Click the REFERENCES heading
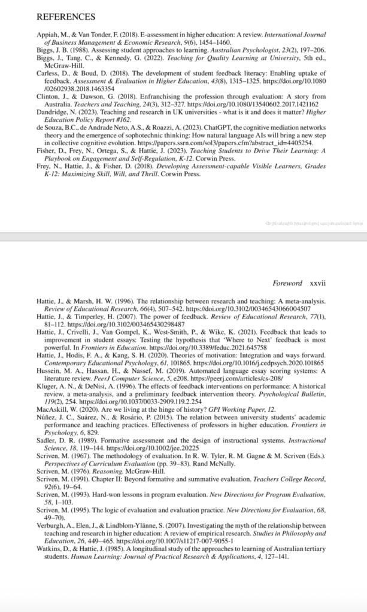[65, 16]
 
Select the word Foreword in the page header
[287, 283]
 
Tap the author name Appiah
[47, 36]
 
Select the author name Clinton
[47, 96]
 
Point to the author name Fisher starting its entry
[46, 151]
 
